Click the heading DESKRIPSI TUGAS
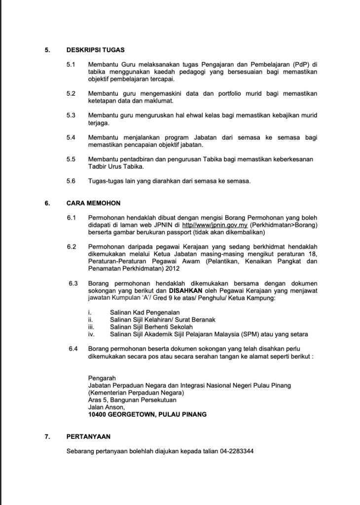(x=95, y=50)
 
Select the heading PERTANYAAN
(x=88, y=436)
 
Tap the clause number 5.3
(x=71, y=115)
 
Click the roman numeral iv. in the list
(x=91, y=334)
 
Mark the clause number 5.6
(x=71, y=181)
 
